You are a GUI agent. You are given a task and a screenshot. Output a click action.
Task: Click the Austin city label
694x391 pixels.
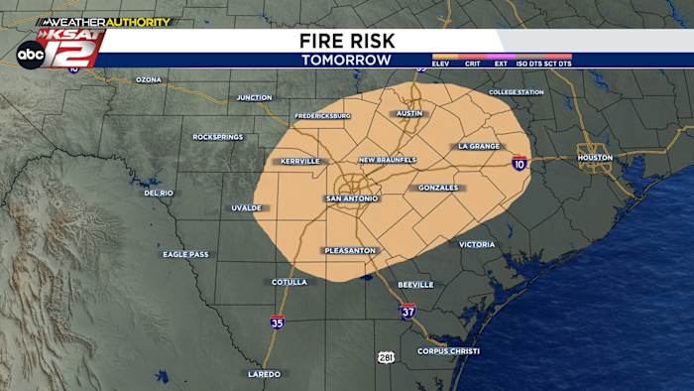[x=409, y=113]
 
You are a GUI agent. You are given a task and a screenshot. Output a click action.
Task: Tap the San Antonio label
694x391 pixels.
[x=352, y=198]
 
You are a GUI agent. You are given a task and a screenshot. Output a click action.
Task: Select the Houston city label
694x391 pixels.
[x=595, y=157]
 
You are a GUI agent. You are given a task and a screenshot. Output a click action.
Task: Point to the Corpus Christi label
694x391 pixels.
[x=448, y=351]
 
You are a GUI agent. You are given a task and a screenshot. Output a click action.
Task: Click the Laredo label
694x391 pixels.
[x=264, y=374]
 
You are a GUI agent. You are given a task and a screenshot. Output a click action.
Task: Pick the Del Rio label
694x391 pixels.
[x=159, y=193]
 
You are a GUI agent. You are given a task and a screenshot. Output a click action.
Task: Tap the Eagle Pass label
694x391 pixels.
[x=185, y=254]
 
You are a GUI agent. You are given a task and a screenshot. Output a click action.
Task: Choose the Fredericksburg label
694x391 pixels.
[x=322, y=116]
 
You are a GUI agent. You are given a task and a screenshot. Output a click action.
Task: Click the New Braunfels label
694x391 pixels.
[x=388, y=160]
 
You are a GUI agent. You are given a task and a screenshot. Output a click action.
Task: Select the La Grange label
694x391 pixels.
[x=479, y=146]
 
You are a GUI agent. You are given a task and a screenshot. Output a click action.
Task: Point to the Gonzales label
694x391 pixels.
[x=438, y=188]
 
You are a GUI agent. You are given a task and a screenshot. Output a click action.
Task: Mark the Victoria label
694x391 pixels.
[x=476, y=244]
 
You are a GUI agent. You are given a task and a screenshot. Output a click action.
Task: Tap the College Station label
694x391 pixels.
[x=516, y=92]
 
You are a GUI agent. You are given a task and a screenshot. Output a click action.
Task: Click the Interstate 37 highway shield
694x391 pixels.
[x=407, y=311]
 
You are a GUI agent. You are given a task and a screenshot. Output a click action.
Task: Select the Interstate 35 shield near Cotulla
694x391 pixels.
[x=277, y=322]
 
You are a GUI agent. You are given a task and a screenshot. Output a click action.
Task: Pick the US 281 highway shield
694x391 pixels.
[x=385, y=356]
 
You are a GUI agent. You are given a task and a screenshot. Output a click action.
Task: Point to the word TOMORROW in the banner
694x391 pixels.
[x=346, y=60]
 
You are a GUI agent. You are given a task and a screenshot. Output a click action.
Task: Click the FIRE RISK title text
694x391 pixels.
[x=346, y=41]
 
